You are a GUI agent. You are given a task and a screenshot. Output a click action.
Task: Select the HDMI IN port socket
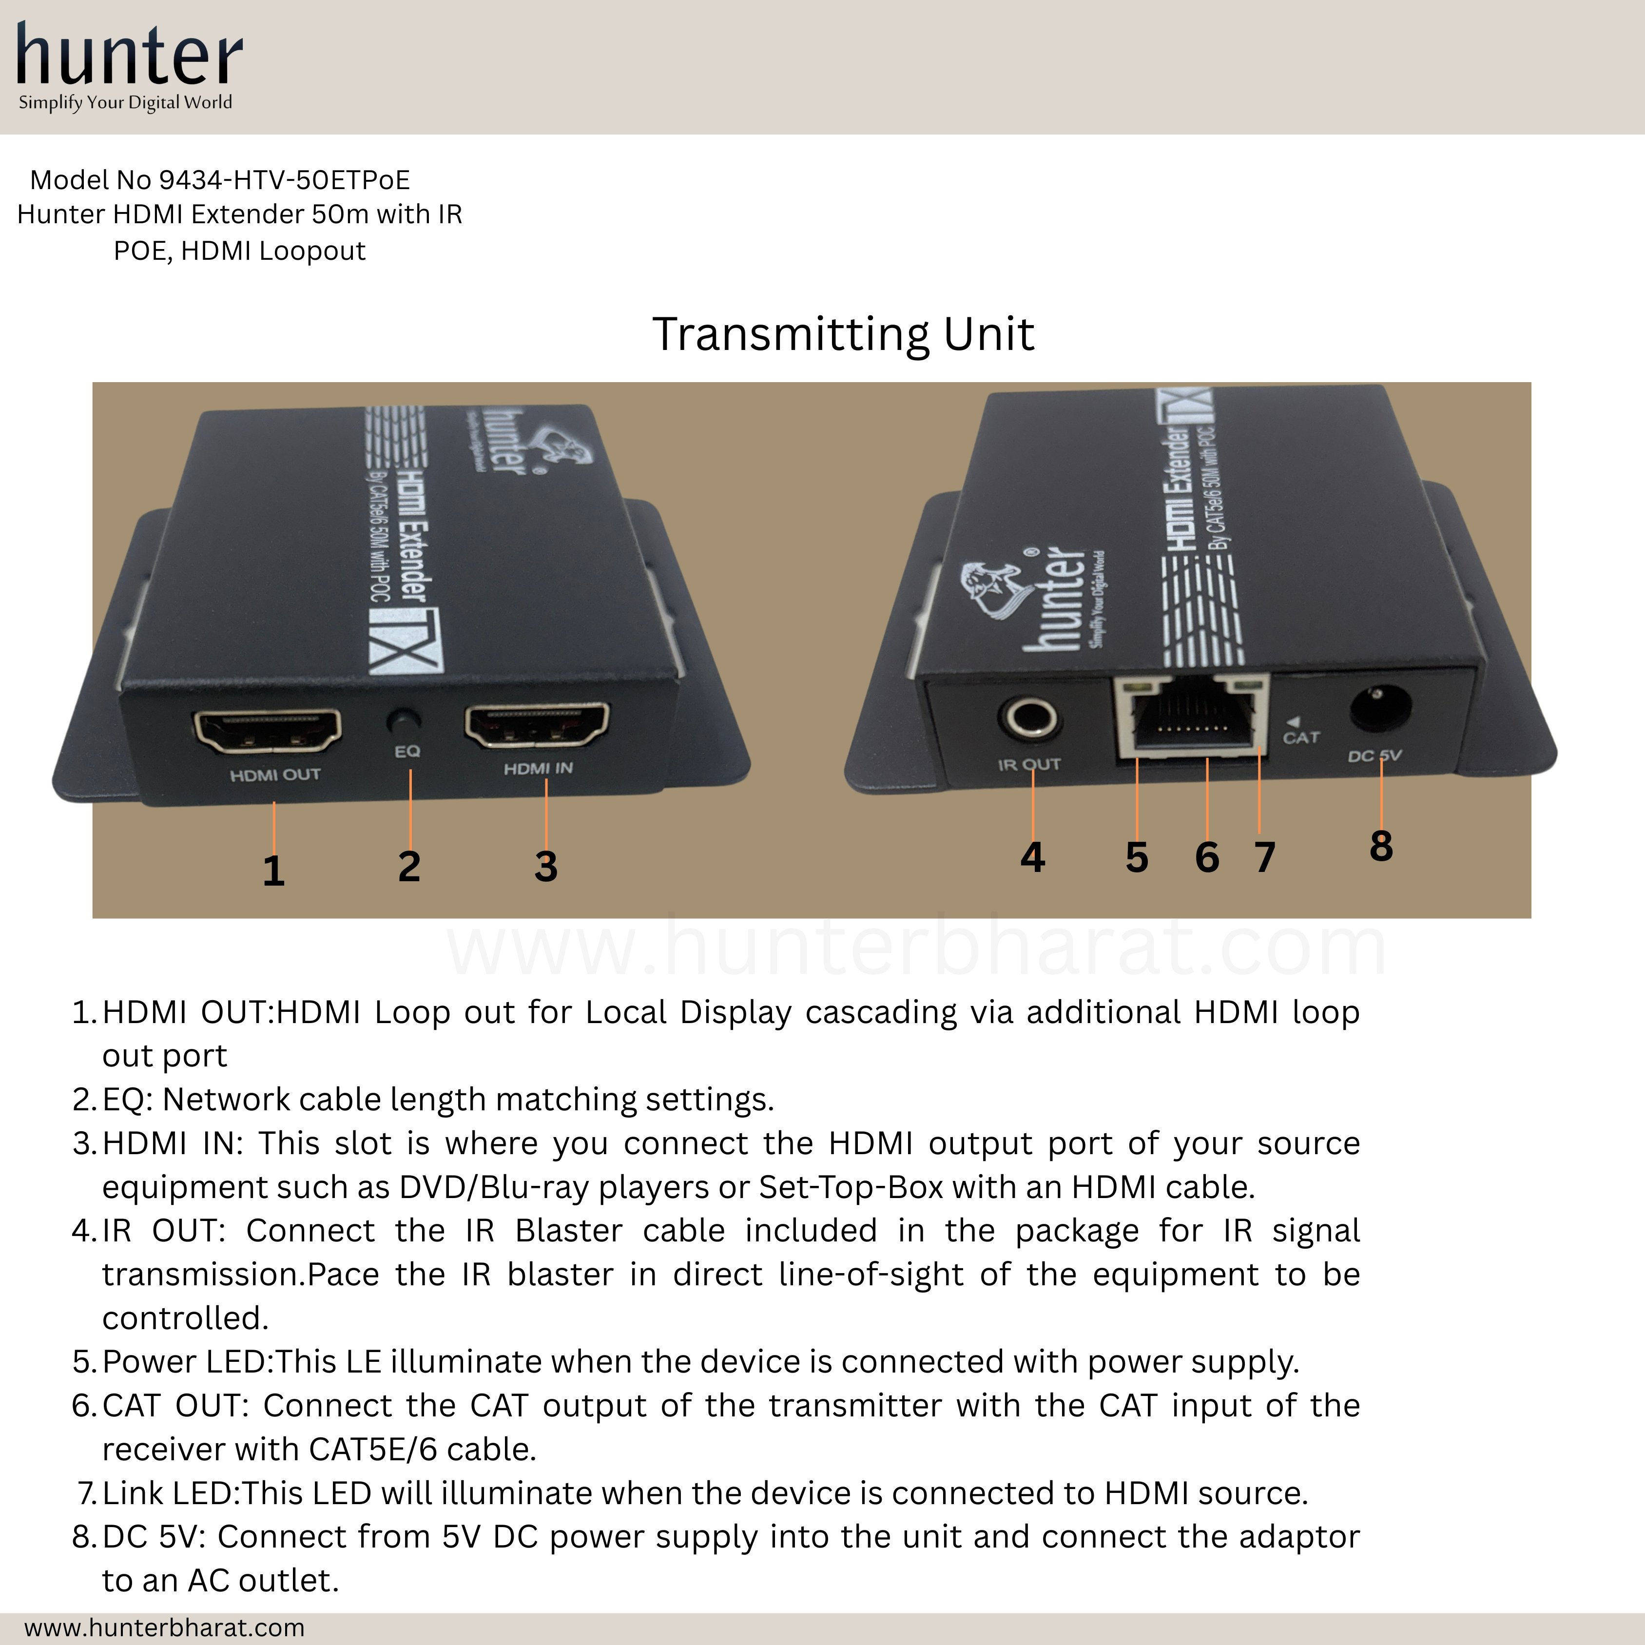[537, 725]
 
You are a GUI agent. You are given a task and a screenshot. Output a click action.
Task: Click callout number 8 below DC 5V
[1381, 846]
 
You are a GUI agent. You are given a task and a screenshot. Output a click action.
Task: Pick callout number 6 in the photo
[1206, 857]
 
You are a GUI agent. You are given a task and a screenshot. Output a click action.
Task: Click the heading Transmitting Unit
[843, 334]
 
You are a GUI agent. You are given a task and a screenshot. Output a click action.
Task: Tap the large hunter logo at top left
[130, 56]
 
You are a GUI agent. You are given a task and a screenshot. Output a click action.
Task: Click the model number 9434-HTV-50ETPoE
[284, 180]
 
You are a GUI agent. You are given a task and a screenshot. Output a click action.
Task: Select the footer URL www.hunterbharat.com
[164, 1627]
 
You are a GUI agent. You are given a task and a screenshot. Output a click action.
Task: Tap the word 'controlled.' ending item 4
[185, 1318]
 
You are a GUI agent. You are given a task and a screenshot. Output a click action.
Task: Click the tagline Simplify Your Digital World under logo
[125, 103]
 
